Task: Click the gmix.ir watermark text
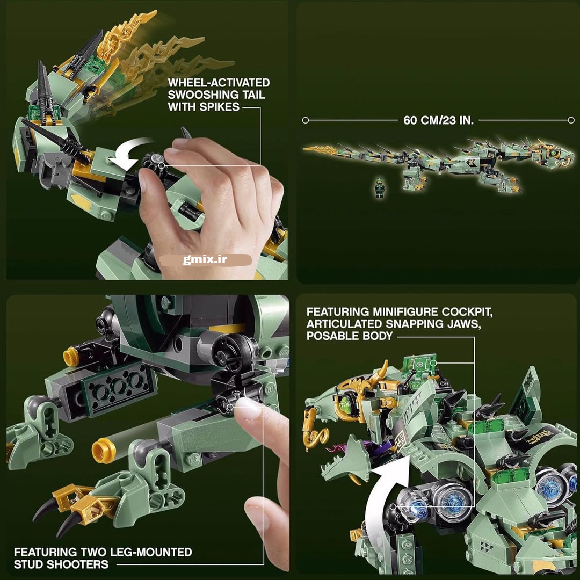(x=205, y=260)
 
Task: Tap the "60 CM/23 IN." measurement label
(x=438, y=120)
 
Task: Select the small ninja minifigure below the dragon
(x=379, y=187)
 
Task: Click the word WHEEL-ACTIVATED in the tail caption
(x=219, y=83)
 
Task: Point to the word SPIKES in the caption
(x=220, y=107)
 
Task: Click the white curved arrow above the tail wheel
(x=133, y=154)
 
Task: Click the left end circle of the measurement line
(x=305, y=120)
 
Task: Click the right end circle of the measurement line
(x=571, y=120)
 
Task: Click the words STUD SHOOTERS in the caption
(x=61, y=564)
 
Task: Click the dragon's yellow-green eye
(x=346, y=402)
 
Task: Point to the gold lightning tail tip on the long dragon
(x=320, y=150)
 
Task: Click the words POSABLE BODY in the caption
(x=349, y=336)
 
